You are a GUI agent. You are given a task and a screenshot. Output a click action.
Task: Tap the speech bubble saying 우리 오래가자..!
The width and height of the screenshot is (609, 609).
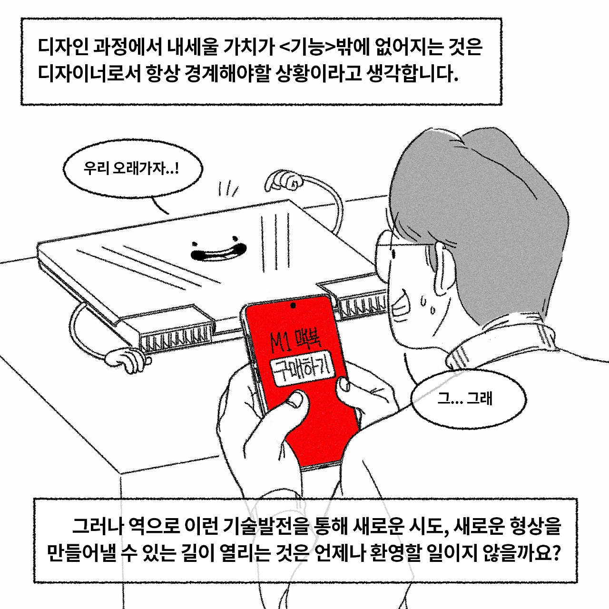132,169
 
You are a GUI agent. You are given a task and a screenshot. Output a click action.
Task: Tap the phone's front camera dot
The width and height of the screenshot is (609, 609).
292,305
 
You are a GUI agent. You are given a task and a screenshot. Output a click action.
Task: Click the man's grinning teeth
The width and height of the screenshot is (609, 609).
399,304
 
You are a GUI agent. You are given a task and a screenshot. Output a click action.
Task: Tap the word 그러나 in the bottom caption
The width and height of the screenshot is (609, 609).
98,526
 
